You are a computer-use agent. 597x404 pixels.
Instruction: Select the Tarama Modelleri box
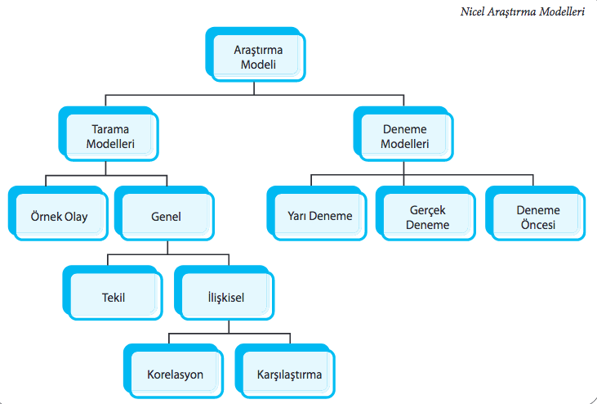(x=110, y=136)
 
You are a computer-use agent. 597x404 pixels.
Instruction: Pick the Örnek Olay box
(x=58, y=217)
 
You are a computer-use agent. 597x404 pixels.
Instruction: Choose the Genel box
(x=166, y=217)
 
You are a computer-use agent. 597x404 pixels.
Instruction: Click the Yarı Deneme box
(x=320, y=217)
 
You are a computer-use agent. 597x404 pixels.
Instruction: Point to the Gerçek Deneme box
(x=428, y=217)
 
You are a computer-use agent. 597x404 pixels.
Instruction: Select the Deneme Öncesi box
(x=537, y=217)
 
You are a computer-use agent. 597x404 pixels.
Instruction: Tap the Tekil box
(x=113, y=298)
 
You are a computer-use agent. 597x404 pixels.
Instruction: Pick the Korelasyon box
(x=175, y=375)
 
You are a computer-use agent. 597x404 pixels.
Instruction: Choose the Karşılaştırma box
(x=283, y=375)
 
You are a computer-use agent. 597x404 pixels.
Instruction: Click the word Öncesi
(x=537, y=224)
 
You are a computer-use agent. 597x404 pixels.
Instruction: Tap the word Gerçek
(x=428, y=210)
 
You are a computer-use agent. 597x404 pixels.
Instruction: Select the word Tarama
(x=110, y=129)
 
